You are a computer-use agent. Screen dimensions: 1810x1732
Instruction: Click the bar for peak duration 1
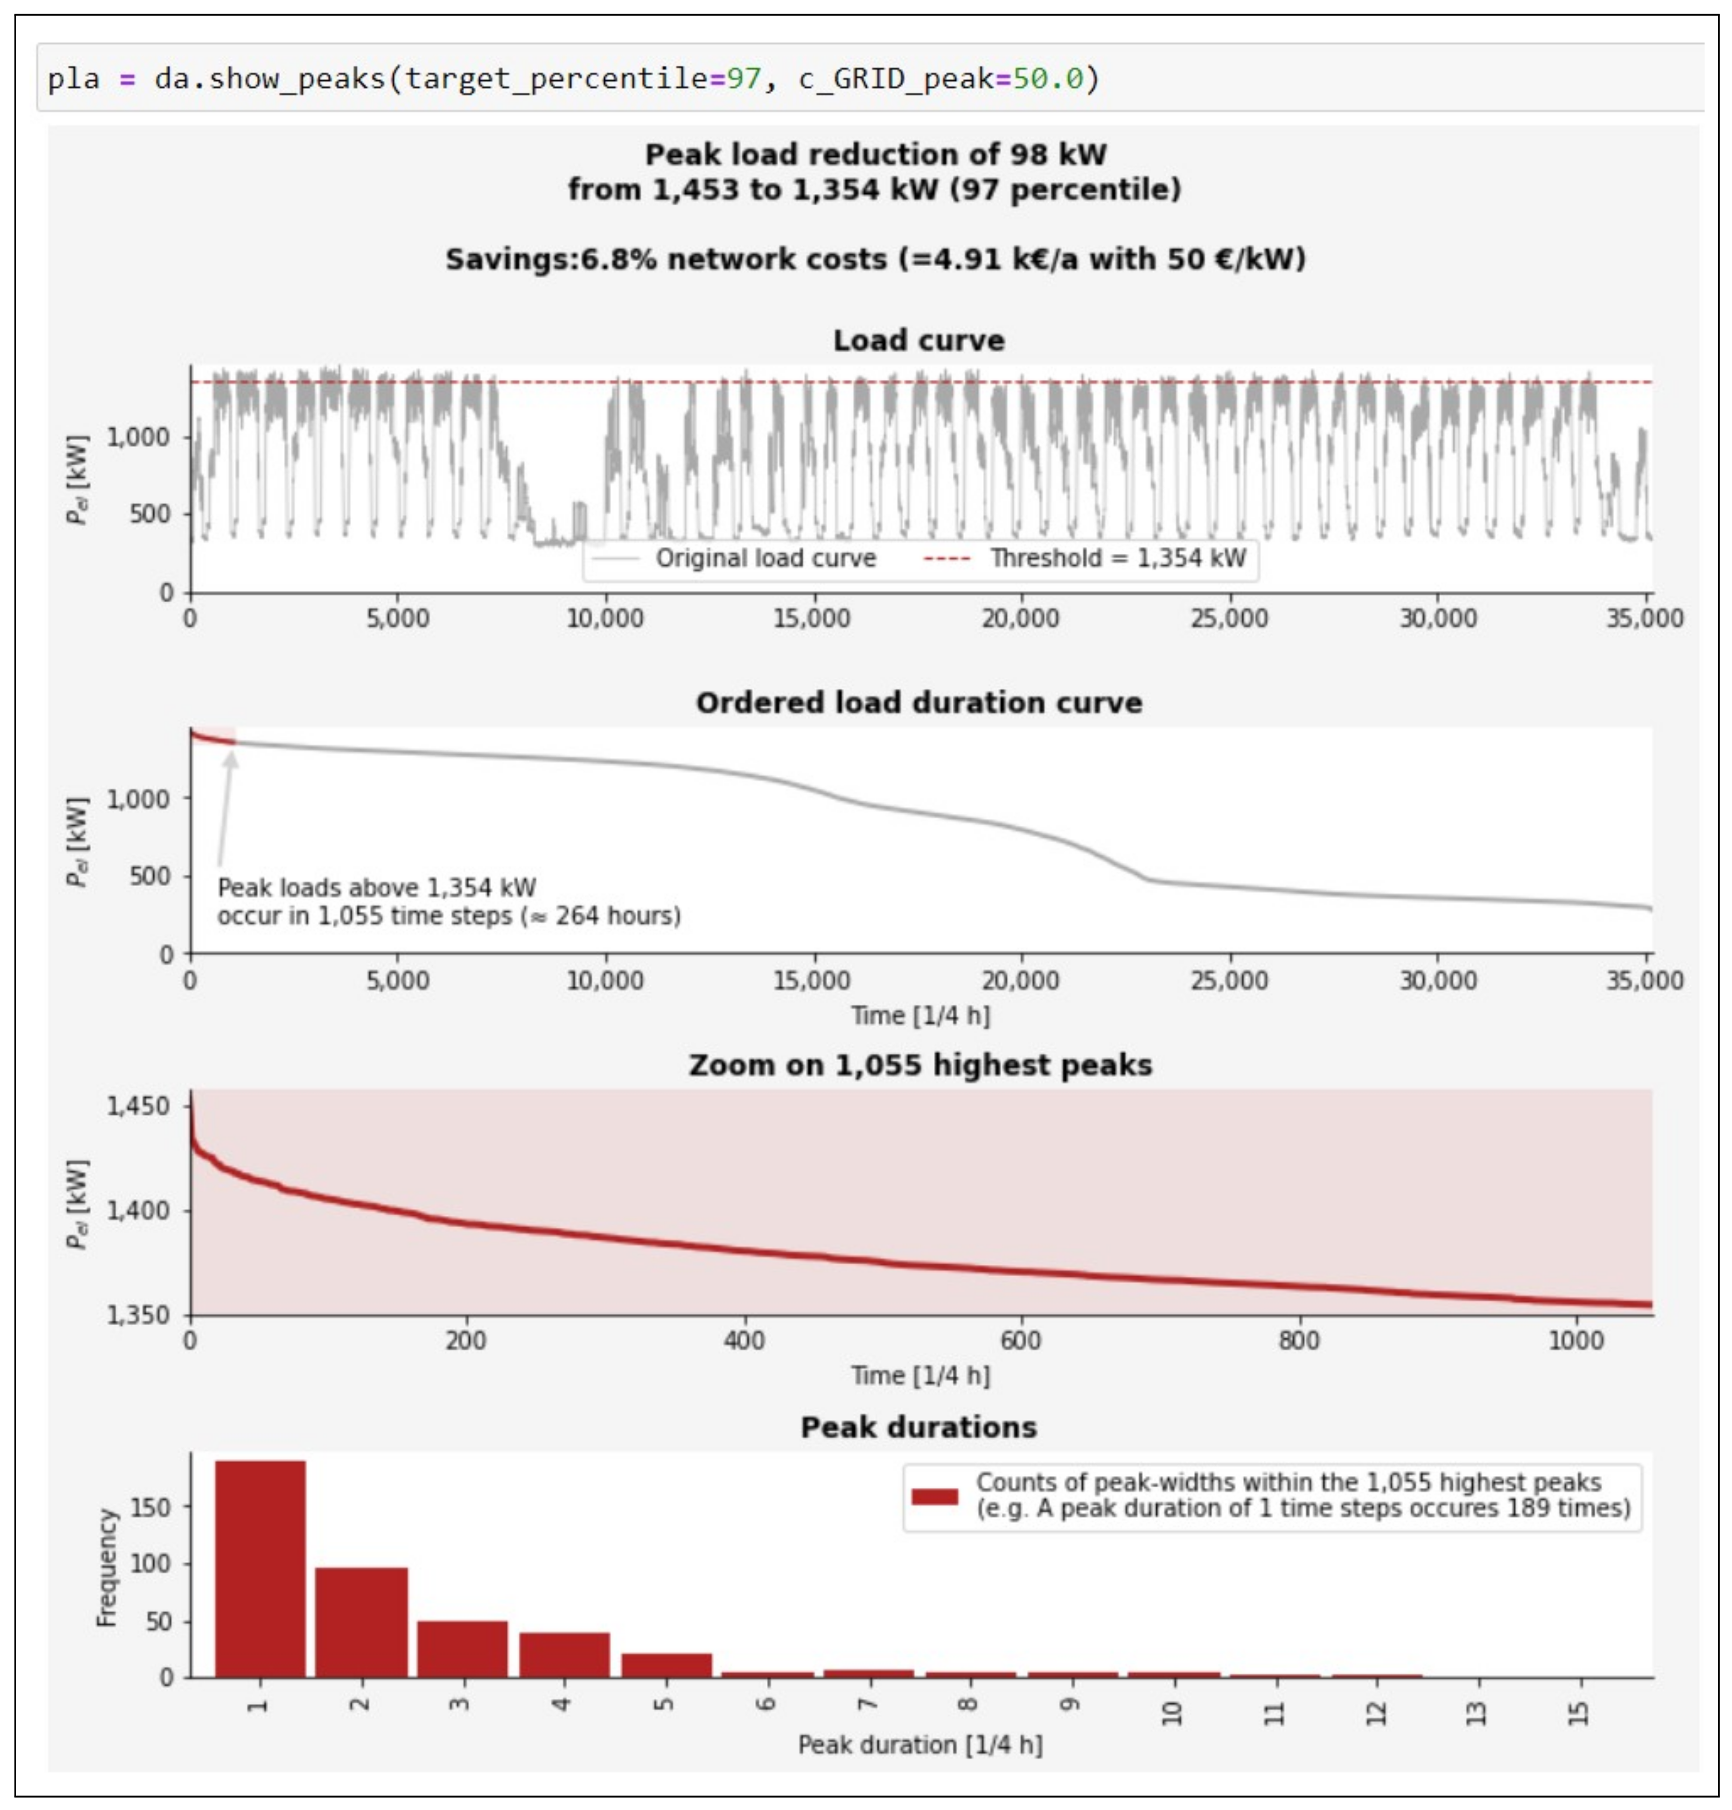pyautogui.click(x=260, y=1570)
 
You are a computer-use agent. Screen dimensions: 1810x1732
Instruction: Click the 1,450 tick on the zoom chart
pyautogui.click(x=138, y=1106)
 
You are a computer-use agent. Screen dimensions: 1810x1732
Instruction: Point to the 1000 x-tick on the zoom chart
pyautogui.click(x=1575, y=1340)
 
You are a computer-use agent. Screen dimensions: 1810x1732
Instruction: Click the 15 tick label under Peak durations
pyautogui.click(x=1579, y=1714)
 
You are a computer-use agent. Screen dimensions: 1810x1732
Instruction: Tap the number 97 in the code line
pyautogui.click(x=743, y=79)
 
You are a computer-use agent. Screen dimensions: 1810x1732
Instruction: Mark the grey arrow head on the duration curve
pyautogui.click(x=231, y=759)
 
